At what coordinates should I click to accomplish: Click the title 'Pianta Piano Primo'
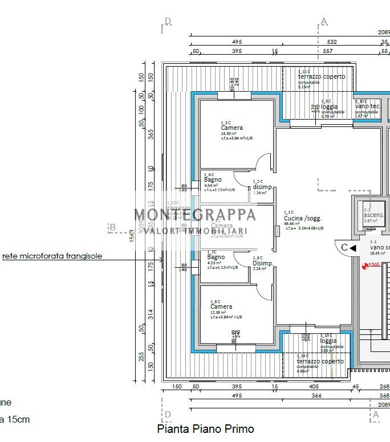tap(205, 429)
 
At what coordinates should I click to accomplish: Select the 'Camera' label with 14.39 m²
tap(231, 128)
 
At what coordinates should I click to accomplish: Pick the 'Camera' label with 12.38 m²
tap(221, 307)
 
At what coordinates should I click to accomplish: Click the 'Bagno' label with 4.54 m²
tap(213, 180)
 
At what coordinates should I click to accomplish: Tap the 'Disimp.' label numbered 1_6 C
tap(262, 263)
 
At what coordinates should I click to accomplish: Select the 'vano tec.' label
tap(368, 107)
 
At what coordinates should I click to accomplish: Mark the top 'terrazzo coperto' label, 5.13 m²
tap(321, 77)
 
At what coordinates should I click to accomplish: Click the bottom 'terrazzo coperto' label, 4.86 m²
tap(320, 361)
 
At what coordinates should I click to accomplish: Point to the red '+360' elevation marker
tap(373, 264)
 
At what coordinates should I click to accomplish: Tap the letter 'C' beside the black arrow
tap(344, 248)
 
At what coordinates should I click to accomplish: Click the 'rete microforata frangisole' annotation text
tap(52, 256)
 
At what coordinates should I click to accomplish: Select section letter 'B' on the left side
tap(112, 227)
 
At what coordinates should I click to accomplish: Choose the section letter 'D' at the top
tap(168, 21)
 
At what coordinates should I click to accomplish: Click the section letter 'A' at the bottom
tap(375, 415)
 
